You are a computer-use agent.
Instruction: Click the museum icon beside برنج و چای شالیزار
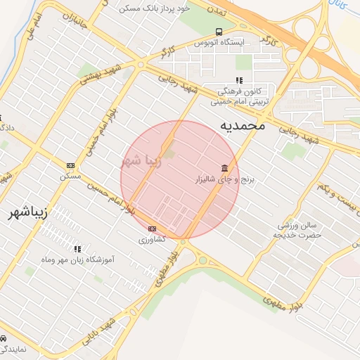pos(224,169)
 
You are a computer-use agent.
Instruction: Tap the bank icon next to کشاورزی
pos(153,229)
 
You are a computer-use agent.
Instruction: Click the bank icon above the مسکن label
pos(70,165)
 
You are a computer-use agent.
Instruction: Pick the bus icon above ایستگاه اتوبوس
pos(219,32)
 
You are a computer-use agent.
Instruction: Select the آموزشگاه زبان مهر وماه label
pos(79,259)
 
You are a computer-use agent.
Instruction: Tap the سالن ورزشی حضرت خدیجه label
pos(299,230)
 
